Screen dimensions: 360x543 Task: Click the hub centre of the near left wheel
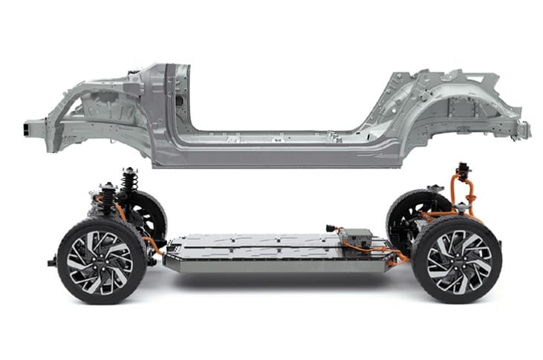pyautogui.click(x=101, y=260)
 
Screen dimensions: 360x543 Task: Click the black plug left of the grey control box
pyautogui.click(x=331, y=229)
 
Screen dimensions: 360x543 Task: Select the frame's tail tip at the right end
pyautogui.click(x=524, y=128)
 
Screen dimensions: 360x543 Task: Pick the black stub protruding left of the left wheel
pyautogui.click(x=51, y=262)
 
